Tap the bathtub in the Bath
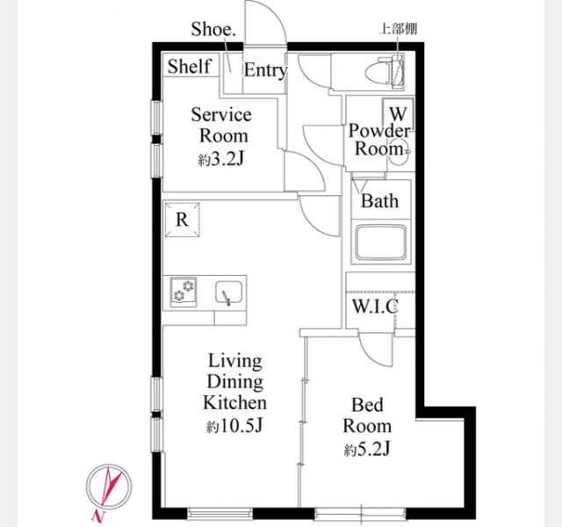[x=380, y=242]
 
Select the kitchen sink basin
[x=228, y=292]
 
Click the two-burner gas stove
[x=184, y=292]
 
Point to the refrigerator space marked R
[x=182, y=220]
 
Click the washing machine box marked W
[x=398, y=114]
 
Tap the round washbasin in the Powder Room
[x=399, y=152]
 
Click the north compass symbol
[x=108, y=488]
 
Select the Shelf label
[x=189, y=67]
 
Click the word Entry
[x=265, y=70]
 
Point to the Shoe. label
[x=213, y=29]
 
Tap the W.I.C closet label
[x=375, y=306]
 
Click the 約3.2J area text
[x=221, y=159]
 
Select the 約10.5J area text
[x=234, y=425]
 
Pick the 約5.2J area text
[x=367, y=449]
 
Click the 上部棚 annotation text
[x=398, y=29]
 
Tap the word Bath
[x=379, y=200]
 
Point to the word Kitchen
[x=234, y=402]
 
